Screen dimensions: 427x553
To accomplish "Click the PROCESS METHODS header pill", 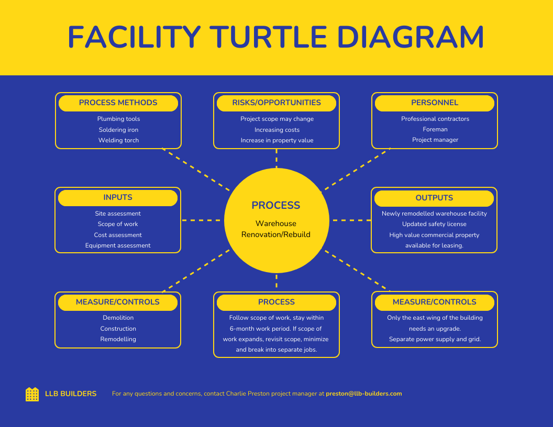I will point(118,103).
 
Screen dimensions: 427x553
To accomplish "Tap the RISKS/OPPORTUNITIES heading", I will point(276,103).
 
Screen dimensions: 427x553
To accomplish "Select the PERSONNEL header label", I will point(435,103).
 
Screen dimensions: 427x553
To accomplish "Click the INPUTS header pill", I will point(118,197).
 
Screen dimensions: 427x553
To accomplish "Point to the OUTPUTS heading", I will point(434,198).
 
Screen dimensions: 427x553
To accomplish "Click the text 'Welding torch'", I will point(118,140).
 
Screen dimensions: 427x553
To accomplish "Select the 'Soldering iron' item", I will point(118,130).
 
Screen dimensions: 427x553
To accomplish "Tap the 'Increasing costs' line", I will point(277,130).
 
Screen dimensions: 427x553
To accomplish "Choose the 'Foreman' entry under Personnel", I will point(435,129).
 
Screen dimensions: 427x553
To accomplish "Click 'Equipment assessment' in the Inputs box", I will point(118,245).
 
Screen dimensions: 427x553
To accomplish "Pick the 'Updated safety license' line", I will point(434,224).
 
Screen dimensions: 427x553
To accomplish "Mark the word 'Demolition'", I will point(118,318).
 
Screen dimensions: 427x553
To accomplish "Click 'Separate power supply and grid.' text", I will point(435,339).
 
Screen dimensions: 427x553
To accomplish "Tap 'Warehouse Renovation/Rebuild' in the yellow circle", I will point(276,229).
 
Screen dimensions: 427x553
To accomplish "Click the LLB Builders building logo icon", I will point(32,394).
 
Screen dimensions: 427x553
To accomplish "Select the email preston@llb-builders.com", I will point(364,394).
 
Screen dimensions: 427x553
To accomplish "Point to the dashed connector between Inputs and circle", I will point(202,220).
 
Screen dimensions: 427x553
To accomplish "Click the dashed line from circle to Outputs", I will point(350,220).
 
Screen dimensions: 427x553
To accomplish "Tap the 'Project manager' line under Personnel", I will point(435,140).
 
